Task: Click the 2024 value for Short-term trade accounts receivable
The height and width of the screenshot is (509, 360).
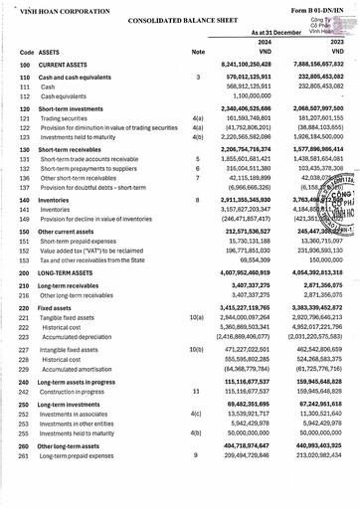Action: (x=241, y=158)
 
